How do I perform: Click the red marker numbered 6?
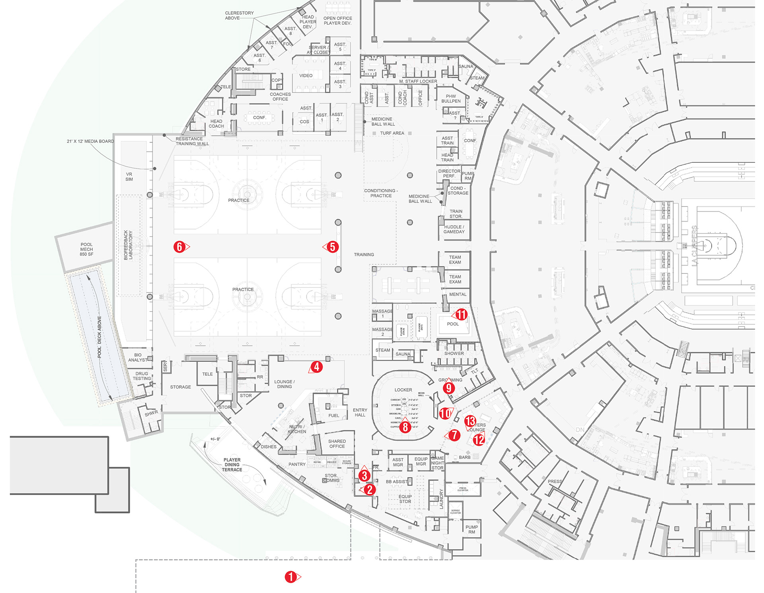coord(179,247)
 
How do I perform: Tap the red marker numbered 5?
coord(333,247)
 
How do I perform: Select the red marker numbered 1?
coord(290,577)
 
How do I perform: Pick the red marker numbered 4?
coord(317,367)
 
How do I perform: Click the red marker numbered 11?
coord(461,314)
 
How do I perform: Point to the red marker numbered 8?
coord(405,427)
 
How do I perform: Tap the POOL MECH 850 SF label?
coord(86,249)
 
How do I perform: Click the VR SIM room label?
coord(129,177)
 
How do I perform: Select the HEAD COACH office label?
coord(216,124)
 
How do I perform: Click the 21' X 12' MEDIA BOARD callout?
coord(90,141)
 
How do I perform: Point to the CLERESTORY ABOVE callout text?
coord(239,16)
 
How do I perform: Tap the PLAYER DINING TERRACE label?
coord(232,465)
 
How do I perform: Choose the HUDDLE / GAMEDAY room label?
coord(454,229)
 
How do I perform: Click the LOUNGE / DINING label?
coord(284,384)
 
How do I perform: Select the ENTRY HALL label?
coord(360,412)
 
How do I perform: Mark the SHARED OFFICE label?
coord(337,444)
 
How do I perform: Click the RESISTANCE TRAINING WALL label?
coord(192,141)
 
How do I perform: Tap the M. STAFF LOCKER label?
coord(418,82)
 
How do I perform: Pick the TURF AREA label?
coord(392,133)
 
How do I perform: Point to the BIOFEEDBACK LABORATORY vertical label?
coord(128,245)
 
